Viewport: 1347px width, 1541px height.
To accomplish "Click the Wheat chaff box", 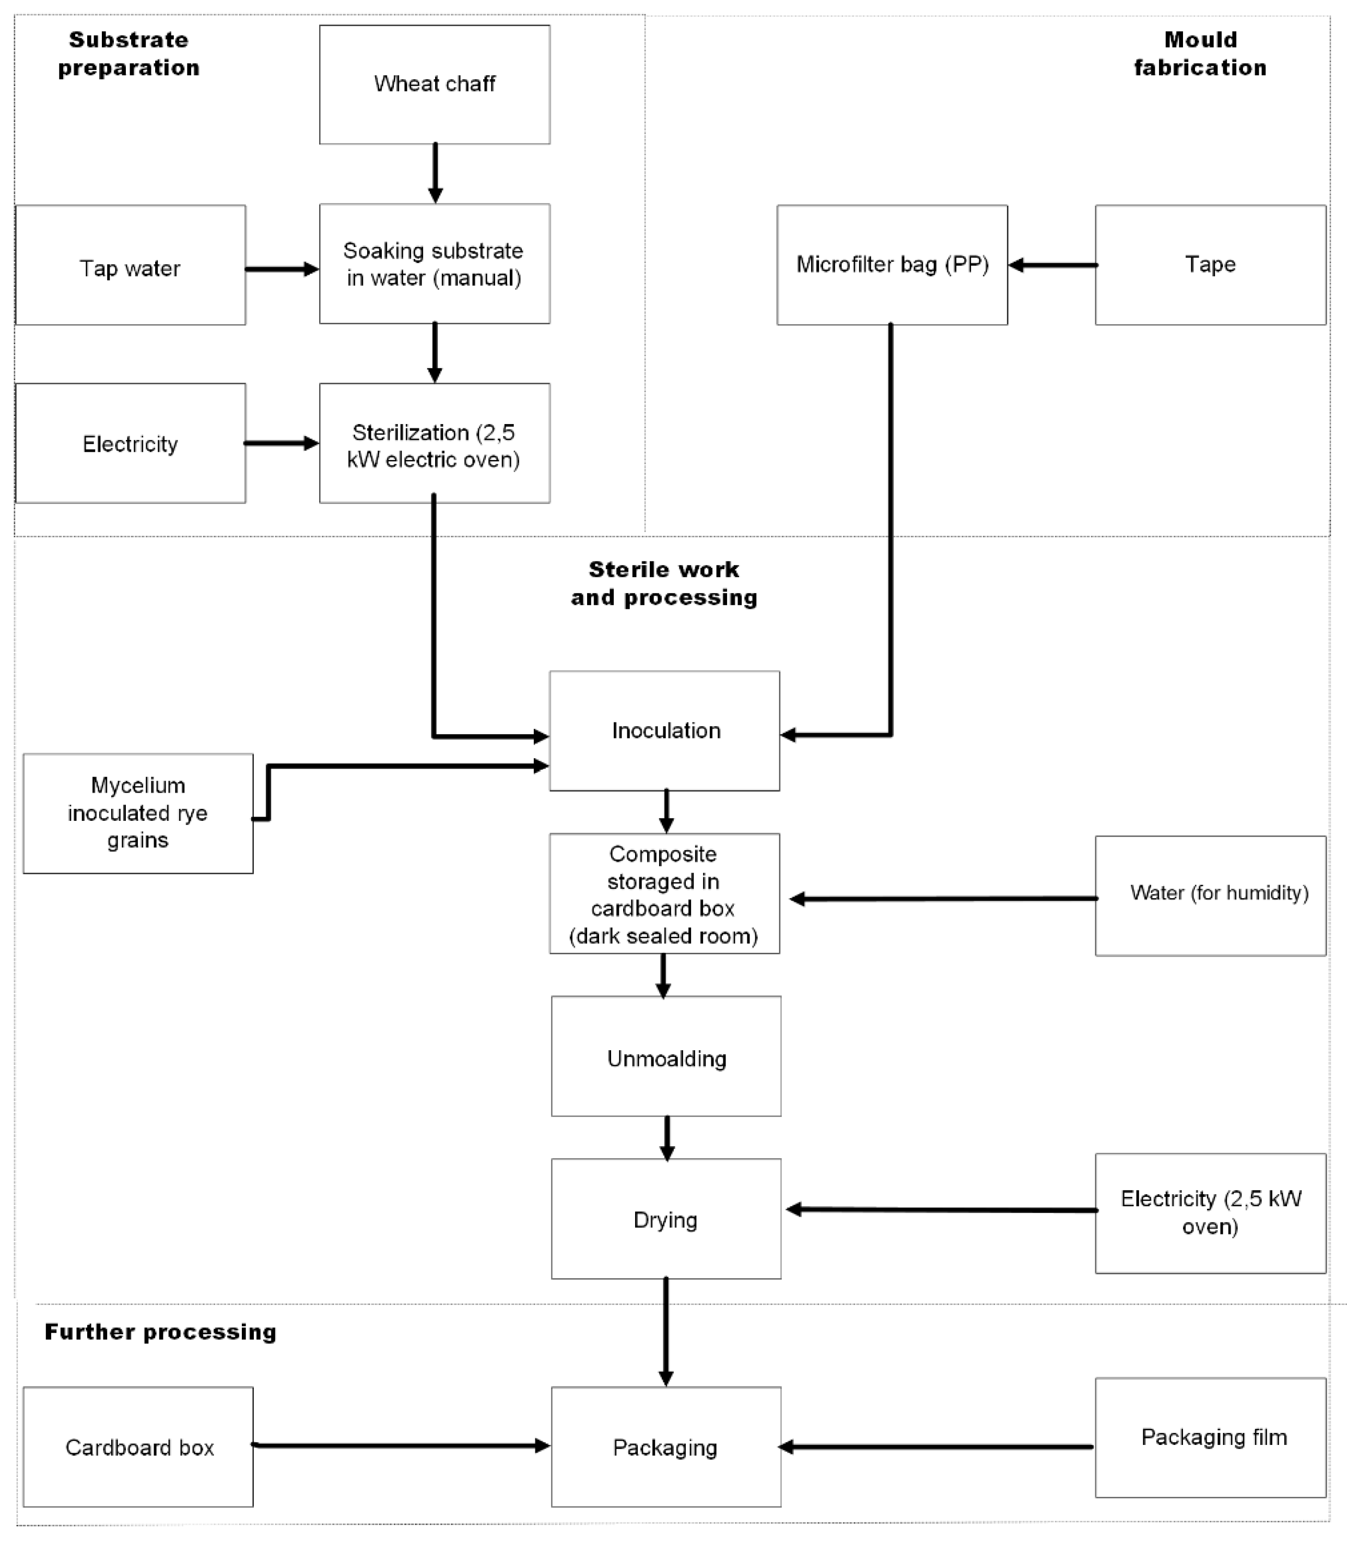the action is coord(435,84).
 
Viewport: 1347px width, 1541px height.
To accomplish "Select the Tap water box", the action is coord(131,265).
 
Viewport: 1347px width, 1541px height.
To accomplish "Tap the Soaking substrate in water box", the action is coord(435,264).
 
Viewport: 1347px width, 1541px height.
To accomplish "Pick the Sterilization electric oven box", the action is coord(435,443).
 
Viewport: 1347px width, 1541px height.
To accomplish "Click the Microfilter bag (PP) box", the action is coord(892,265).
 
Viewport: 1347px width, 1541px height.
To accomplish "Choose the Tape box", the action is coord(1210,265).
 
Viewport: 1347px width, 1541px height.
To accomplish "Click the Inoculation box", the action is coord(664,731).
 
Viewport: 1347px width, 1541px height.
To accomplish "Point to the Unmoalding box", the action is coord(666,1056).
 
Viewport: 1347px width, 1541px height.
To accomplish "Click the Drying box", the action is coord(666,1219).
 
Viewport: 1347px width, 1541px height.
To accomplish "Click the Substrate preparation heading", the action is coord(128,53).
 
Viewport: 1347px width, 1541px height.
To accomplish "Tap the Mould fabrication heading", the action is coord(1200,53).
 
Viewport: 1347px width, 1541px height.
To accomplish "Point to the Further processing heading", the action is coord(160,1332).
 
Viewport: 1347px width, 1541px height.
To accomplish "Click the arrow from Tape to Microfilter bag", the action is coord(1052,265).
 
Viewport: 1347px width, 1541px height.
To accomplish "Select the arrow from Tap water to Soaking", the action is coord(283,269).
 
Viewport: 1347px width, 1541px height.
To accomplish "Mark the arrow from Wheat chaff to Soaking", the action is coord(435,173).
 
